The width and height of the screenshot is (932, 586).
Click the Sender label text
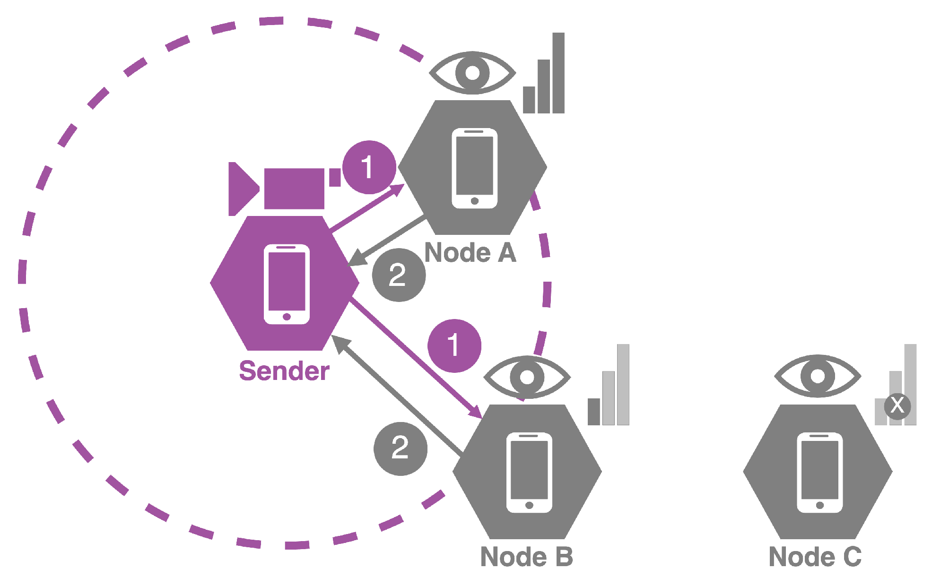point(284,371)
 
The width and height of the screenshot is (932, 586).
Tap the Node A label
point(470,253)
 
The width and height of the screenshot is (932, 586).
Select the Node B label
point(527,557)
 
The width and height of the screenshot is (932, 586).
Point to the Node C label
point(815,557)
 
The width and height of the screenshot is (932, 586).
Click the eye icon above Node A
point(472,73)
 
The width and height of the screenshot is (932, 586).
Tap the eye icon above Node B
point(527,377)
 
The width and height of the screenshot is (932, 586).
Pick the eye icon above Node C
point(818,376)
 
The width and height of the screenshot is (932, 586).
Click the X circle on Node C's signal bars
point(897,405)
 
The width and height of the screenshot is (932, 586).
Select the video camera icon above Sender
point(284,189)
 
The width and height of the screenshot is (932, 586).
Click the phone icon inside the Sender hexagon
point(287,284)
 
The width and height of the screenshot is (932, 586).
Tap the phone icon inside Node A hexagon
point(474,168)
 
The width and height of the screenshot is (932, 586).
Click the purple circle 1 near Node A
point(369,167)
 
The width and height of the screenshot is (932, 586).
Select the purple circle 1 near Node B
point(454,345)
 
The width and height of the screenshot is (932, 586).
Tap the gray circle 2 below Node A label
point(399,275)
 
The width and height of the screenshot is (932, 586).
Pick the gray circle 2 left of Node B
point(400,448)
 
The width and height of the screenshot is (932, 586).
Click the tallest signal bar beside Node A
point(558,73)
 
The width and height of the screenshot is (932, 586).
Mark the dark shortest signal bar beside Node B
point(593,412)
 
